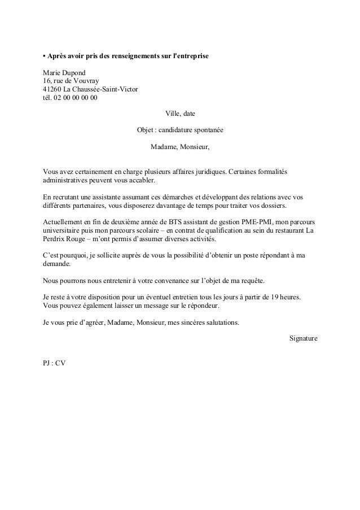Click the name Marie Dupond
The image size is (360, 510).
65,73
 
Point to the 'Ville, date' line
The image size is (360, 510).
180,114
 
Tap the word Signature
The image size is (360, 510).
303,338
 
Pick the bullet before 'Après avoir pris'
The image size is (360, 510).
45,58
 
